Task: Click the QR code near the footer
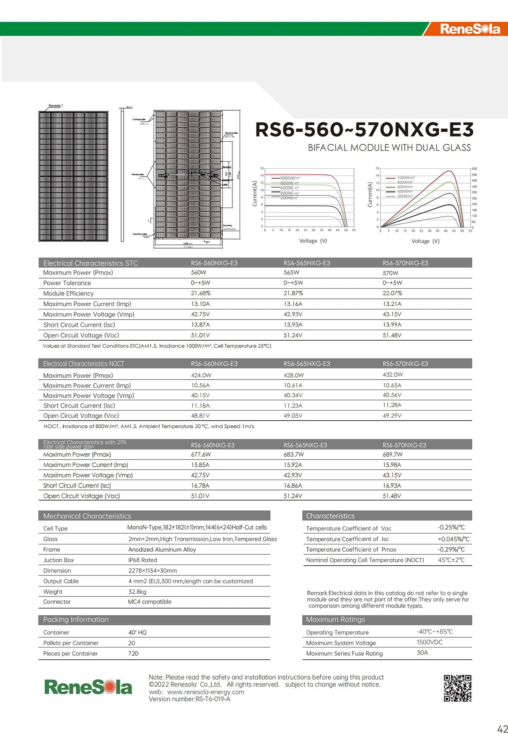click(457, 688)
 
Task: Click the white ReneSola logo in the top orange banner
click(470, 29)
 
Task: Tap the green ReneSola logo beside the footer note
click(88, 687)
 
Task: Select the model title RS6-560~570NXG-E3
click(364, 129)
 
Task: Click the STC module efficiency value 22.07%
click(392, 293)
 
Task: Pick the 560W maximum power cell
click(199, 273)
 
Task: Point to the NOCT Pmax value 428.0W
click(293, 375)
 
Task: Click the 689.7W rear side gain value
click(392, 454)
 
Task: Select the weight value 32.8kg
click(137, 591)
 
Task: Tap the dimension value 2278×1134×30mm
click(152, 570)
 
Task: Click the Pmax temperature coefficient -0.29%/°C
click(451, 549)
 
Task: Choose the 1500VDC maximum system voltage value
click(429, 642)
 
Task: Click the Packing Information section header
click(76, 619)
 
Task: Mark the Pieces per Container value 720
click(133, 653)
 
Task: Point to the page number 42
click(502, 729)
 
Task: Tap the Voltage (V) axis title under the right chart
click(425, 241)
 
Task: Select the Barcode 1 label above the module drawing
click(55, 106)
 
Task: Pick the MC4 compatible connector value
click(149, 602)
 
